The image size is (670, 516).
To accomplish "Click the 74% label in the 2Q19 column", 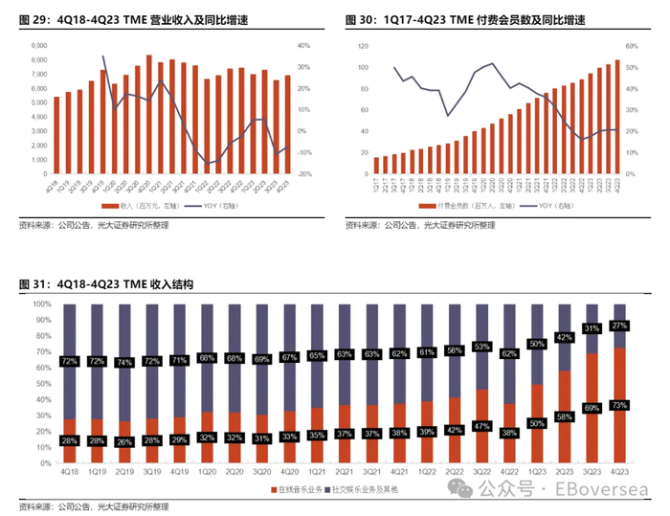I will click(124, 363).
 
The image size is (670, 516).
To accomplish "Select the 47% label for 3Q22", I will click(481, 426).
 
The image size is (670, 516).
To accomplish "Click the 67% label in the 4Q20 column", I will click(289, 359).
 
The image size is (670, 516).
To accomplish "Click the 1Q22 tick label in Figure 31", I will click(399, 471).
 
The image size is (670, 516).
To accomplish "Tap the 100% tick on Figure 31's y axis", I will click(41, 303).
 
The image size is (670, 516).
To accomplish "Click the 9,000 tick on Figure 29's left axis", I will click(38, 45).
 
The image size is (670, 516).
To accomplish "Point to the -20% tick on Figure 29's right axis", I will click(303, 173).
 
